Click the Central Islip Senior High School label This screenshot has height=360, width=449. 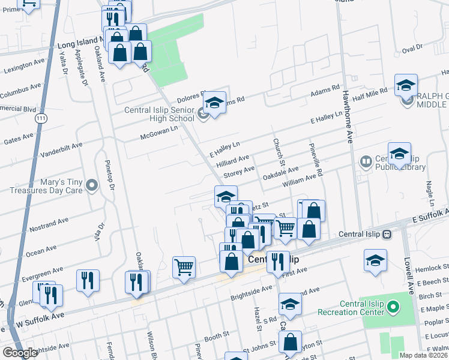[159, 114]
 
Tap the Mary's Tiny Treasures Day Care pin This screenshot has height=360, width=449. [91, 186]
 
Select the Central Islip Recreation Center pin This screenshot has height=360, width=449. [393, 308]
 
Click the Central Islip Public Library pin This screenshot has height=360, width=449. [365, 162]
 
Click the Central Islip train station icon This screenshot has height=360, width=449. [387, 234]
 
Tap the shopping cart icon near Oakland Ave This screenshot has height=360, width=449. [184, 266]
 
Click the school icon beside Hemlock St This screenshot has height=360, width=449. [375, 260]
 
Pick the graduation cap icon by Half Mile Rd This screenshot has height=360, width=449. [406, 85]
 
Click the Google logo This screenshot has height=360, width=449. [20, 353]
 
